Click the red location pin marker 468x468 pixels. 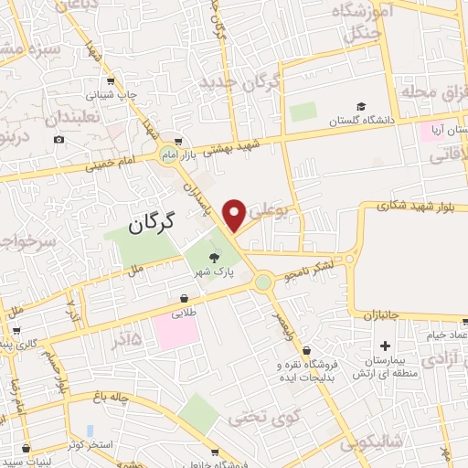234,215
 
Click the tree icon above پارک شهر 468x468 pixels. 215,257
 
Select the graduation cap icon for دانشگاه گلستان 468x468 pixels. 362,106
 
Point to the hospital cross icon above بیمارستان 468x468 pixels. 386,346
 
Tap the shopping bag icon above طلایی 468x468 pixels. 185,298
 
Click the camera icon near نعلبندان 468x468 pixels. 59,139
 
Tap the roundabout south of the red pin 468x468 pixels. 264,283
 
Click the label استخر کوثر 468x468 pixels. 89,445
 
